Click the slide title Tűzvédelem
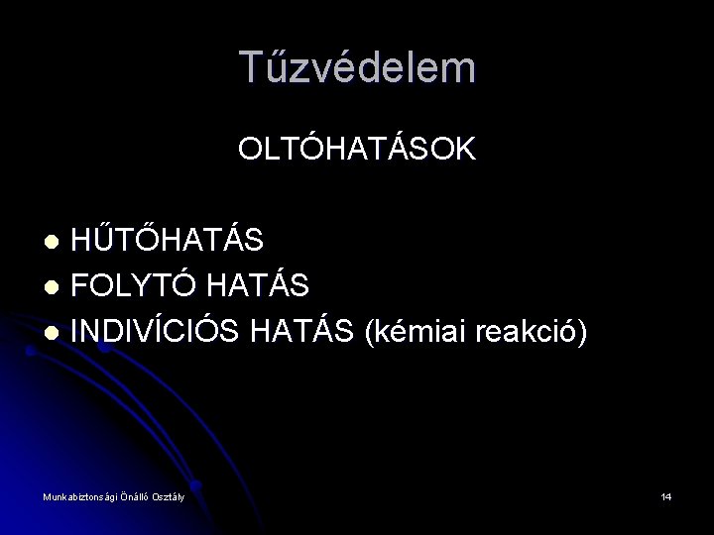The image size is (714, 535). pyautogui.click(x=357, y=67)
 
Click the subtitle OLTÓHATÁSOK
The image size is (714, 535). pyautogui.click(x=357, y=150)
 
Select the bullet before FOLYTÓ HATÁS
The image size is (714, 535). pyautogui.click(x=58, y=287)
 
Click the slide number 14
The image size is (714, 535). pyautogui.click(x=665, y=496)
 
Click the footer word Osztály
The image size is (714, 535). pyautogui.click(x=168, y=496)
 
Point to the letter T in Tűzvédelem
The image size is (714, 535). pyautogui.click(x=252, y=67)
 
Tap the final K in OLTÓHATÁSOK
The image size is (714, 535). pyautogui.click(x=466, y=150)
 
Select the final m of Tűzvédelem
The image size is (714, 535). pyautogui.click(x=459, y=67)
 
